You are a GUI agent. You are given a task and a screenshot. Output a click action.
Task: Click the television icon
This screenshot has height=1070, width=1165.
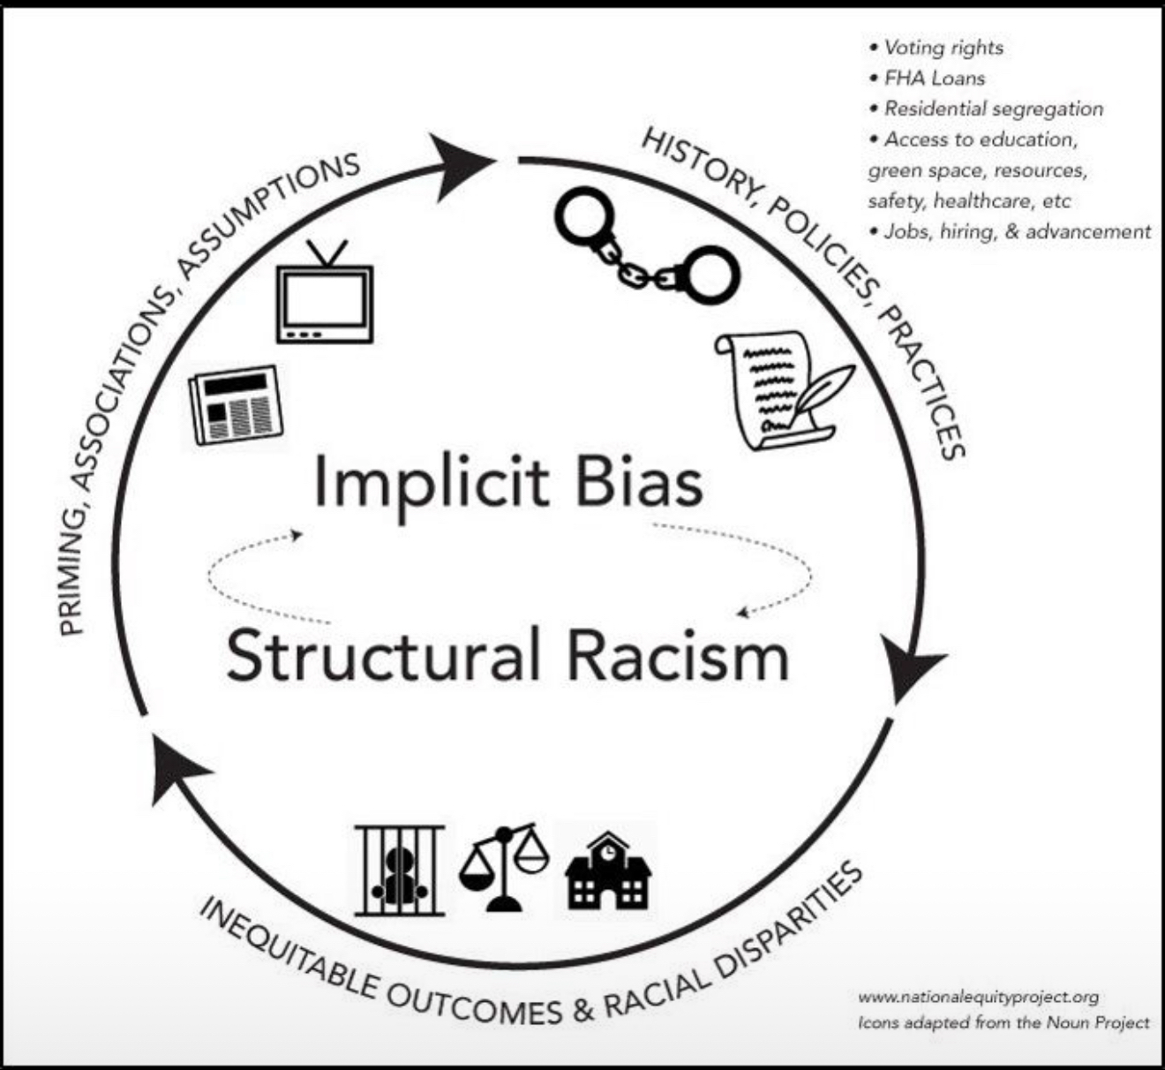325,296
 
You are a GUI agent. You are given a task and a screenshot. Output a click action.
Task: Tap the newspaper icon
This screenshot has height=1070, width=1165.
236,405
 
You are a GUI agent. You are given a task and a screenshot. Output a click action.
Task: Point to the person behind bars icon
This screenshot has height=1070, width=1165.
399,870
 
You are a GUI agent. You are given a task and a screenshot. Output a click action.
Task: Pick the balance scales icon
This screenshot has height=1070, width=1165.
504,866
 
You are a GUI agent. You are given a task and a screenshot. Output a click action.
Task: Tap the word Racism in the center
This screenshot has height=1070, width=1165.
677,656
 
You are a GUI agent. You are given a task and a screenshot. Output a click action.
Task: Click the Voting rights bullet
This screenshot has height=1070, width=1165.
943,48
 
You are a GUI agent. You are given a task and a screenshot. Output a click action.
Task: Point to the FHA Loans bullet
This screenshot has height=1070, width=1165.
934,79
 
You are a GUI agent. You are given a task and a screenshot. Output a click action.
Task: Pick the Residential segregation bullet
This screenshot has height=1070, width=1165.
993,109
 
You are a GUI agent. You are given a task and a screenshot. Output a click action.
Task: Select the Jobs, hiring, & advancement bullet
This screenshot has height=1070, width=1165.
1017,231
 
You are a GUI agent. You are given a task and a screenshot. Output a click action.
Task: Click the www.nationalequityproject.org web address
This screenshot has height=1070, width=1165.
978,997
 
